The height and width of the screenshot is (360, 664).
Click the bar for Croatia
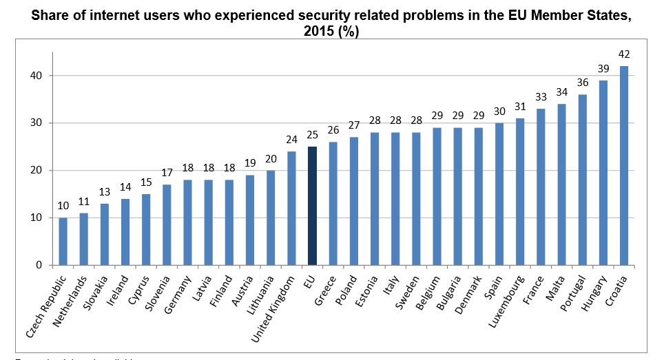point(623,165)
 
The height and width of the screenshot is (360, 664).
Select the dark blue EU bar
point(311,206)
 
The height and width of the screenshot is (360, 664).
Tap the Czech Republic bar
point(63,241)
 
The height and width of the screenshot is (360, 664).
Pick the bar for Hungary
point(603,173)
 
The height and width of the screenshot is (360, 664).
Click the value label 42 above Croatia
point(623,54)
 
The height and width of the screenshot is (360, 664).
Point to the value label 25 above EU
point(311,135)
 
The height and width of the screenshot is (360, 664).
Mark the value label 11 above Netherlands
point(83,202)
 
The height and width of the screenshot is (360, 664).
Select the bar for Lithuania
point(270,218)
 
